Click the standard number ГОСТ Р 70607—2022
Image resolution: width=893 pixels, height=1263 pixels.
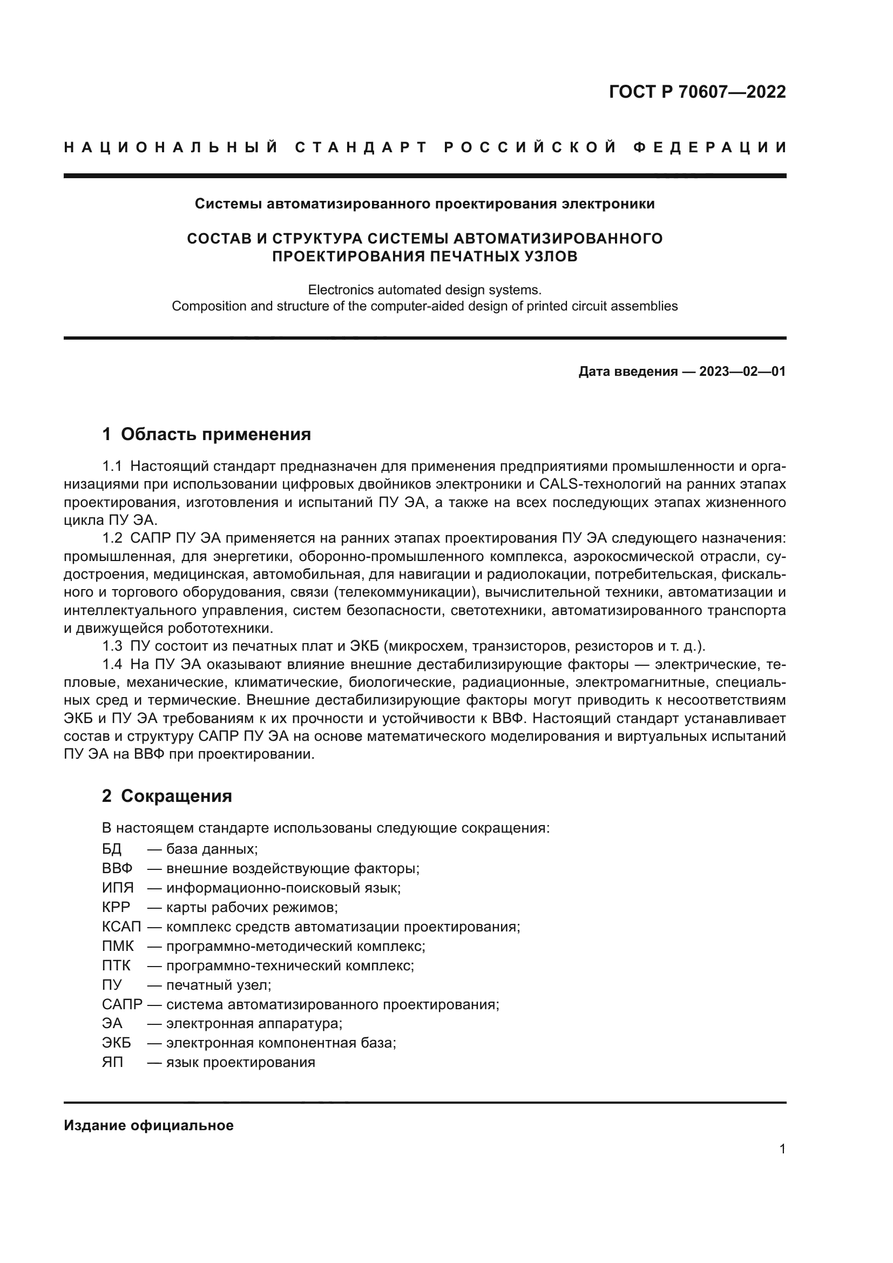pyautogui.click(x=696, y=92)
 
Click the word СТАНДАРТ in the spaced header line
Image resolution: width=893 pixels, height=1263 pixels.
pyautogui.click(x=361, y=147)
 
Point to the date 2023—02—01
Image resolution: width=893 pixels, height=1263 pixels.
pyautogui.click(x=742, y=372)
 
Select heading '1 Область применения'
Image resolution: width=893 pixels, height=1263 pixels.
pyautogui.click(x=206, y=434)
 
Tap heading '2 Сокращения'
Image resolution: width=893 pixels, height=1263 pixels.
pyautogui.click(x=167, y=795)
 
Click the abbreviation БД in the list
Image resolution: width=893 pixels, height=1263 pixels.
pyautogui.click(x=112, y=849)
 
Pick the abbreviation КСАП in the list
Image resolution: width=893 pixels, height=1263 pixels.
pyautogui.click(x=121, y=927)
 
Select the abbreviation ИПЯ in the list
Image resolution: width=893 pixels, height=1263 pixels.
pyautogui.click(x=118, y=888)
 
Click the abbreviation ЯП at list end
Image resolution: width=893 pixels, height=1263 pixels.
pyautogui.click(x=112, y=1062)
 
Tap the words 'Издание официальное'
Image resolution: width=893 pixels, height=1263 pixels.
pyautogui.click(x=148, y=1125)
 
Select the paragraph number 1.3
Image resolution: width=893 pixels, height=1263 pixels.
pyautogui.click(x=112, y=646)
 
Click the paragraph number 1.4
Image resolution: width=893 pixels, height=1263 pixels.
pyautogui.click(x=112, y=664)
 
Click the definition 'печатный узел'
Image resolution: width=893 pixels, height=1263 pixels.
pyautogui.click(x=218, y=985)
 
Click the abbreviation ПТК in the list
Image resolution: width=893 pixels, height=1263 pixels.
pyautogui.click(x=116, y=965)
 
